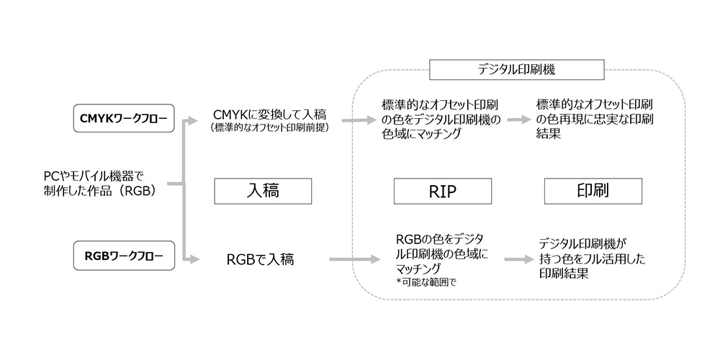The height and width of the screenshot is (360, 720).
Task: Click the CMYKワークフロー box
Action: click(125, 119)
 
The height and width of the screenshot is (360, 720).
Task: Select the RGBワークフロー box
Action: click(125, 256)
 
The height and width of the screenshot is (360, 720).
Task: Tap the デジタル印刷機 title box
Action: click(516, 70)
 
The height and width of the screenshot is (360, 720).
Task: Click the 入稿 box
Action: click(263, 192)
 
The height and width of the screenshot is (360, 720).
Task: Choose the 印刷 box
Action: click(593, 192)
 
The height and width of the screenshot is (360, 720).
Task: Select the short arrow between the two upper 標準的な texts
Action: click(518, 120)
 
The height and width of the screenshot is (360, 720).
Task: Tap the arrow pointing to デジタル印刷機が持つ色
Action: click(518, 258)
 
